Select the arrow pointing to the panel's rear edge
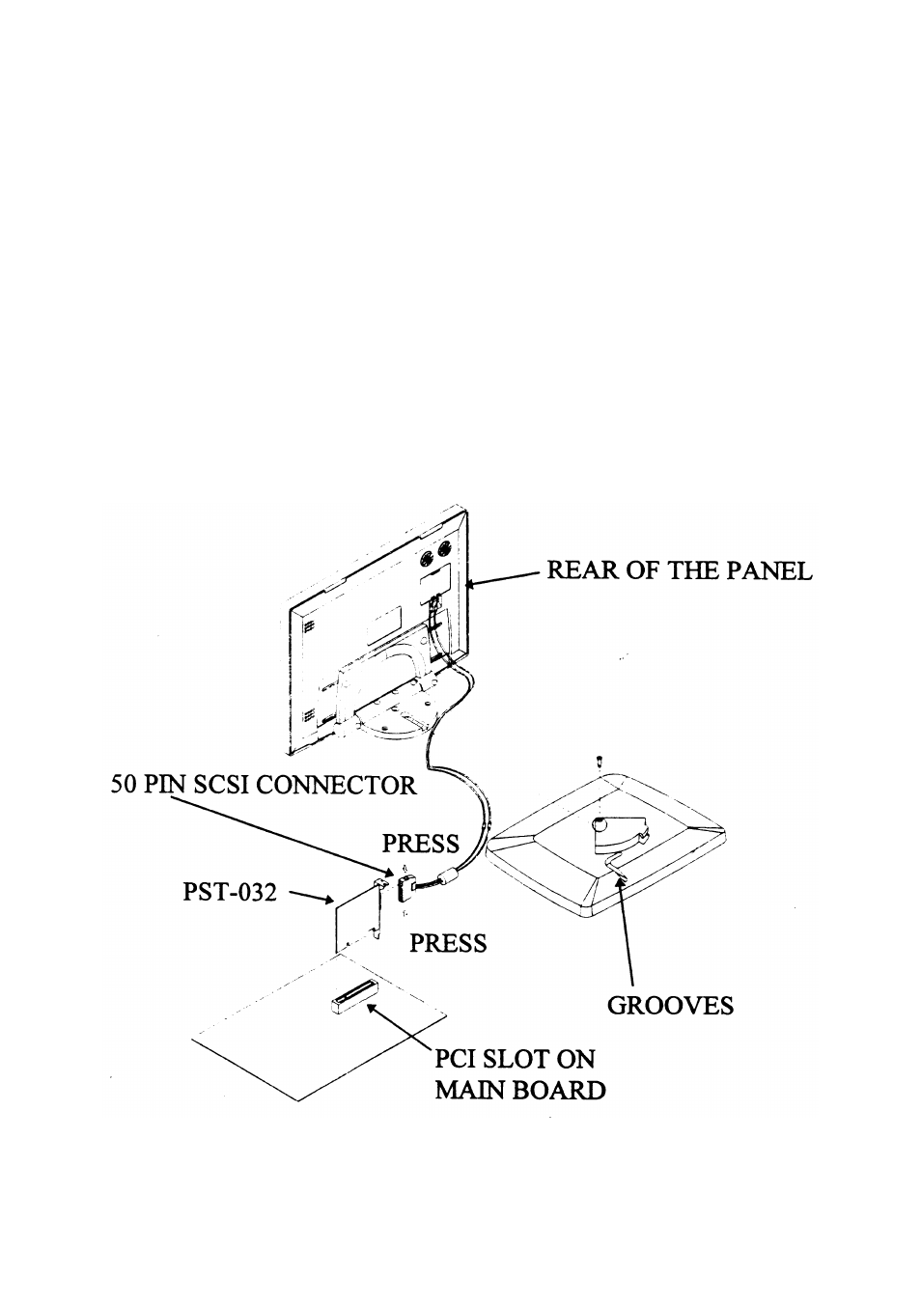click(x=502, y=577)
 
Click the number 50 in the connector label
click(x=124, y=785)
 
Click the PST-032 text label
click(x=230, y=892)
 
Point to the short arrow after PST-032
click(x=310, y=899)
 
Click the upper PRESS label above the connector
click(x=420, y=844)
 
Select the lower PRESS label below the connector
click(x=448, y=943)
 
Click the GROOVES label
click(x=670, y=1006)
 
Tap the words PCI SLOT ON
click(x=515, y=1059)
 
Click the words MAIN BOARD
click(x=519, y=1091)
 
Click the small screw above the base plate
click(x=599, y=762)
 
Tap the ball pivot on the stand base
click(x=600, y=826)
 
